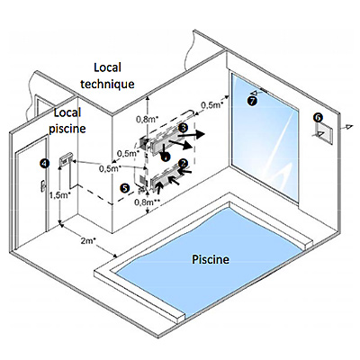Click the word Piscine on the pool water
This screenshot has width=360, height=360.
211,259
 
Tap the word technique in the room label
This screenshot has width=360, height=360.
107,84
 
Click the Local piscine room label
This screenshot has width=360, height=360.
67,121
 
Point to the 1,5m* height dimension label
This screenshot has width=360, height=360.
60,195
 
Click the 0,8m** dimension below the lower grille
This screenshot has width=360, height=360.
147,202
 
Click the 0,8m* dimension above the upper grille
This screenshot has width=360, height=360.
147,120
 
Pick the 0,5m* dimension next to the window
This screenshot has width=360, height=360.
212,105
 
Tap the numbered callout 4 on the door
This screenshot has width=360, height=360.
44,163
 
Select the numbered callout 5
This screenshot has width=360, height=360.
124,188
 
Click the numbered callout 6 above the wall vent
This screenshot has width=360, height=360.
319,117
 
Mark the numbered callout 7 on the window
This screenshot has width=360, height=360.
252,101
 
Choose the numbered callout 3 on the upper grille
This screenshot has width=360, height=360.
183,128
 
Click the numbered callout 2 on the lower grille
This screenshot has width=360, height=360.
183,164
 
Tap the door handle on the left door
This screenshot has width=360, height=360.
43,185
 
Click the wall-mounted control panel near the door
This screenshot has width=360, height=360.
65,161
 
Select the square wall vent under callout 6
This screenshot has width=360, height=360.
323,133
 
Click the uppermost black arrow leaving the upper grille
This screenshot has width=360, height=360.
191,135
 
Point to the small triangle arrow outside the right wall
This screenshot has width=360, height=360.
347,128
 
